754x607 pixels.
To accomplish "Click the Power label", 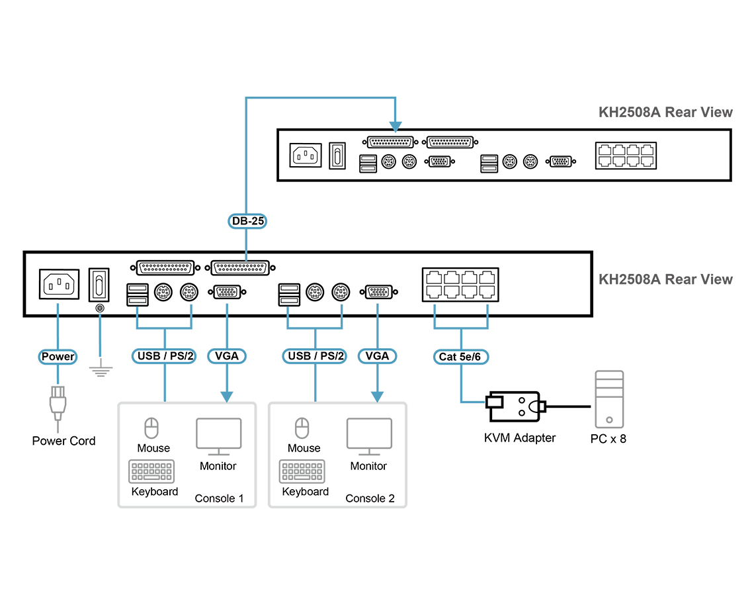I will click(x=58, y=357).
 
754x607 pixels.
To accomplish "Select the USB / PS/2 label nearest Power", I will click(x=165, y=356).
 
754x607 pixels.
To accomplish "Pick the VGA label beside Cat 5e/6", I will click(x=378, y=356).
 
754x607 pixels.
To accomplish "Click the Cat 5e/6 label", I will click(x=462, y=357).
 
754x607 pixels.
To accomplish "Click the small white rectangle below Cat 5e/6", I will click(x=494, y=401).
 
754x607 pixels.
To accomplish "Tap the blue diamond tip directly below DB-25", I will click(x=247, y=255).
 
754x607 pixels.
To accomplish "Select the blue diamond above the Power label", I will click(x=58, y=308).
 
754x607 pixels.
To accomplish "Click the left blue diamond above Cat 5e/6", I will click(x=435, y=308).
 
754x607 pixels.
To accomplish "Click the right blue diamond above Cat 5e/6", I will click(x=487, y=308).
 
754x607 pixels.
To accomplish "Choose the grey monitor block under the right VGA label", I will click(x=369, y=434).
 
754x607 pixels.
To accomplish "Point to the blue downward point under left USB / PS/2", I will click(x=165, y=397).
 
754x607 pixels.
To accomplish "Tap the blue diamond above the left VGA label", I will click(x=227, y=308).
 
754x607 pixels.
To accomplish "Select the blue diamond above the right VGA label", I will click(x=378, y=308).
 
